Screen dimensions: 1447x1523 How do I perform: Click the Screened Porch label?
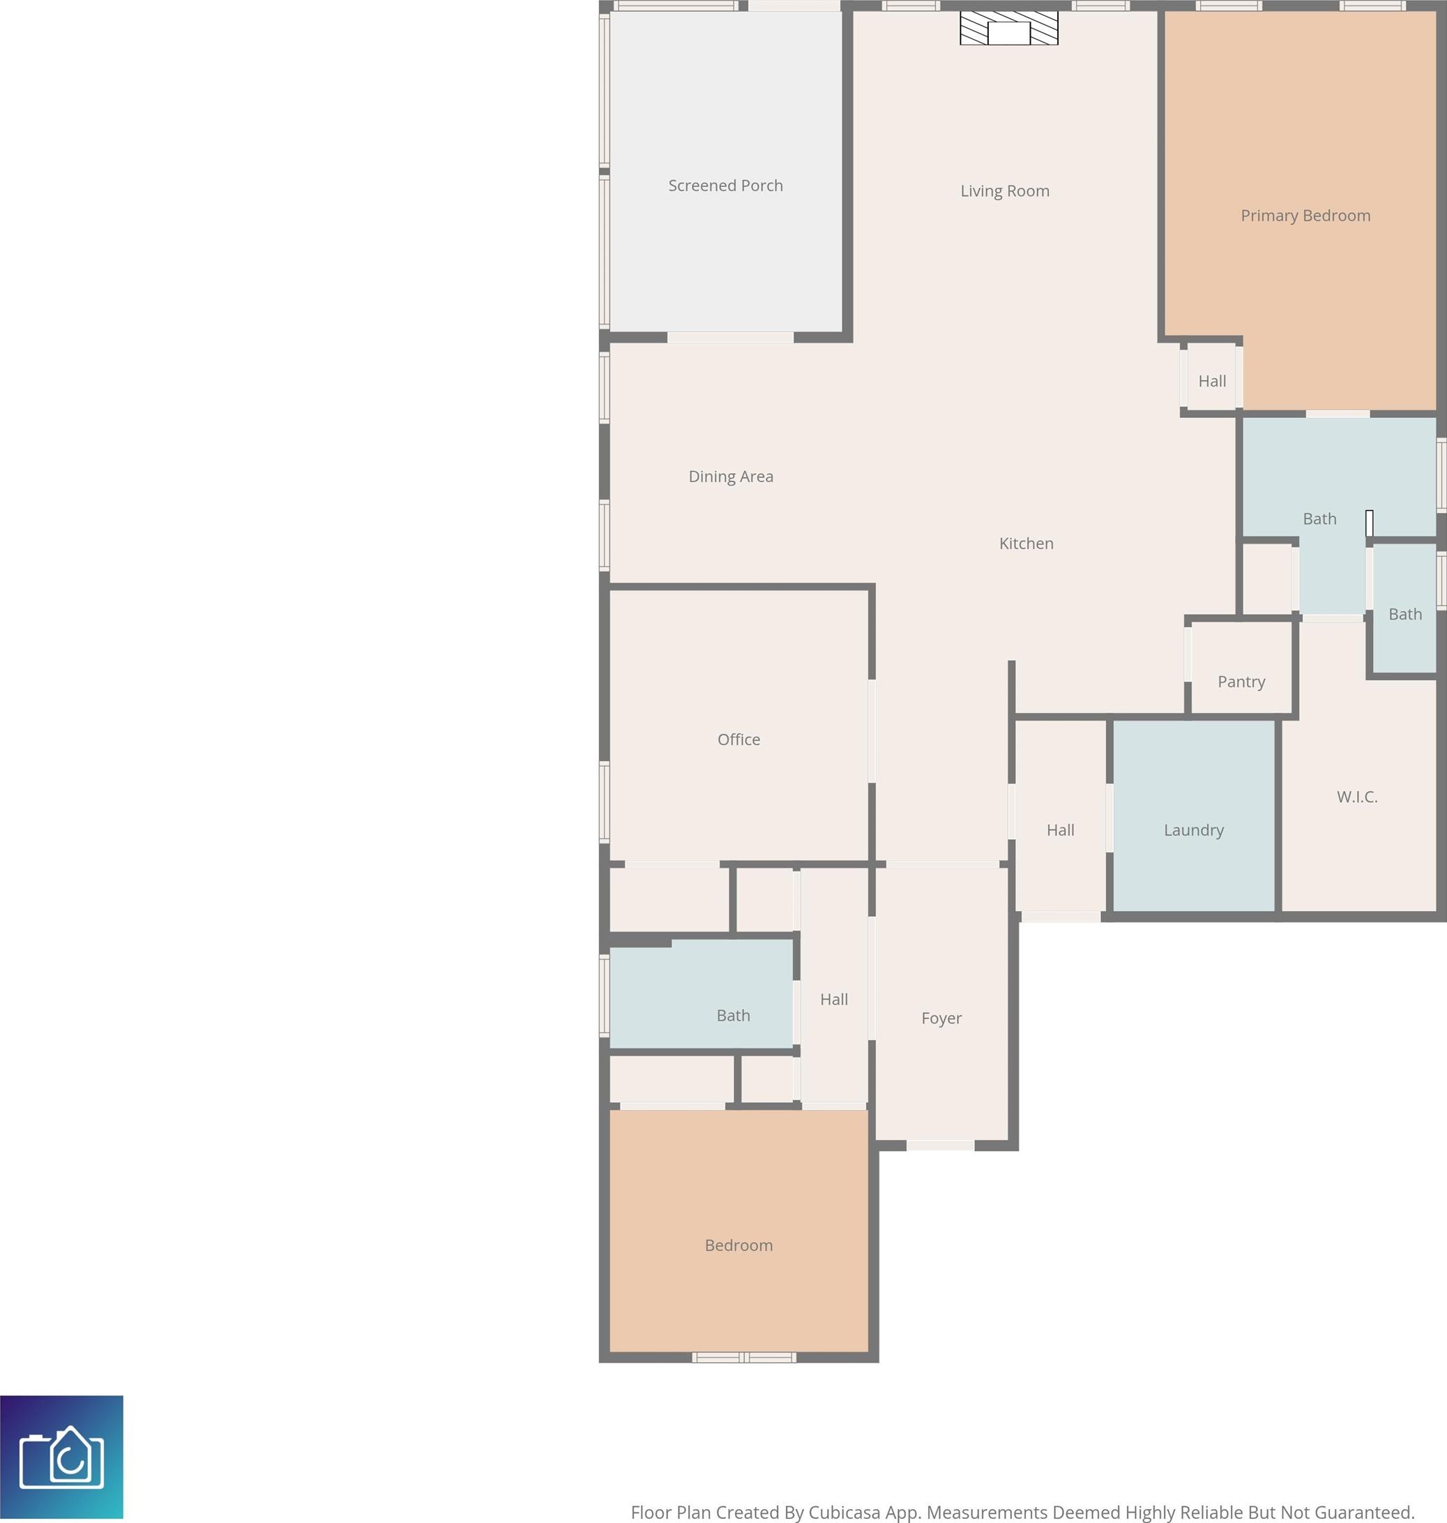725,185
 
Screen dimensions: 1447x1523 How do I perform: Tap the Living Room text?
1004,190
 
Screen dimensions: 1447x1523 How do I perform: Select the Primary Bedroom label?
1305,216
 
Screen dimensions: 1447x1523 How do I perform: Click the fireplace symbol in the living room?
1009,29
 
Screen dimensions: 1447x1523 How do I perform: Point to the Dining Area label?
730,476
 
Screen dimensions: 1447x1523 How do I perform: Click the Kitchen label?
1026,543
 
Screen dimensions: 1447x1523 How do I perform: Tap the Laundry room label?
1193,830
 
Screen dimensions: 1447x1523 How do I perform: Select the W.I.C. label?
1357,796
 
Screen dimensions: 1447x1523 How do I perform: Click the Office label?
738,739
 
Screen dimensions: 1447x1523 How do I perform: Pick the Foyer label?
941,1018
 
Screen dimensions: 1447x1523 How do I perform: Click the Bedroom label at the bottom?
738,1245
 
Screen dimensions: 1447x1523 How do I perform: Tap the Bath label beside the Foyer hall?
733,1015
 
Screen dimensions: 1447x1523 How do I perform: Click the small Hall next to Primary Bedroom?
1212,381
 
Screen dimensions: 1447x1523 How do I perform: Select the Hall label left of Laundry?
1060,830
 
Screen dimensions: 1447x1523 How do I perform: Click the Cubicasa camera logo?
61,1457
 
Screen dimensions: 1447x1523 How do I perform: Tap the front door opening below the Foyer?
940,1145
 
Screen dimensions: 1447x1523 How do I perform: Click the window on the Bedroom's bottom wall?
743,1357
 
